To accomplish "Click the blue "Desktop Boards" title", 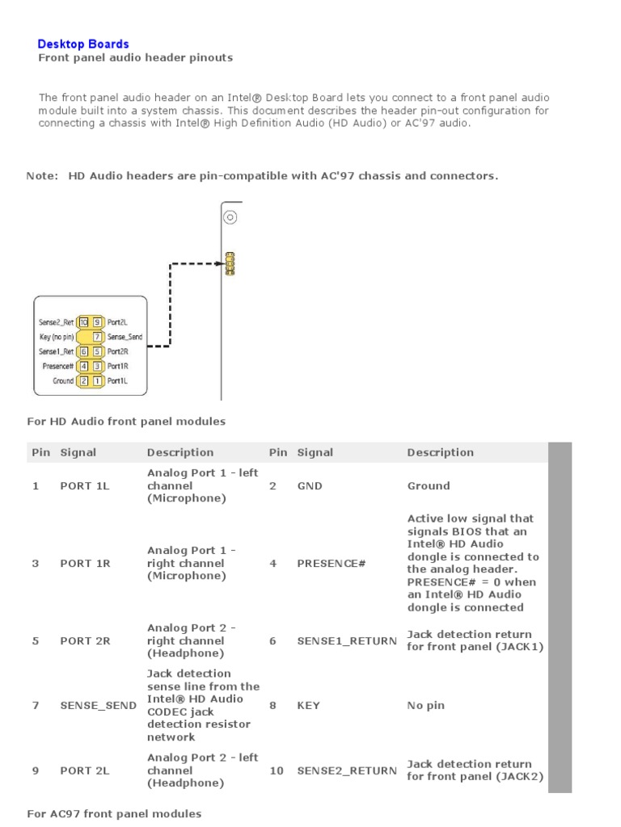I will (83, 44).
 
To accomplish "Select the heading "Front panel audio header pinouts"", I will (136, 57).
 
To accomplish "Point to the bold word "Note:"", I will (42, 175).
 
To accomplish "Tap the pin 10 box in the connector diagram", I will (84, 322).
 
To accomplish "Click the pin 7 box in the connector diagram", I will (97, 337).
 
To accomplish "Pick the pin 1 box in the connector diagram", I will (97, 380).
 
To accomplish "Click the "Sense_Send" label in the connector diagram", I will (125, 337).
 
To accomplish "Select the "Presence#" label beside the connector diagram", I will (57, 366).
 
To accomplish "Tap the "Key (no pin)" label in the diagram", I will (56, 337).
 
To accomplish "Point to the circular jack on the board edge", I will (230, 217).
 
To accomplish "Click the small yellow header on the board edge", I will (230, 263).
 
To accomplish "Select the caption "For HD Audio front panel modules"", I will (126, 421).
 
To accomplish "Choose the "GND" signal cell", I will (309, 485).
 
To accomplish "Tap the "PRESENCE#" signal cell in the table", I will (331, 563).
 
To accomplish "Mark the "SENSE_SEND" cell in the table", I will (98, 705).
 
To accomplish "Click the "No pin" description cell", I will (425, 705).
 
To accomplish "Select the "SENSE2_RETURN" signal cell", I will (346, 770).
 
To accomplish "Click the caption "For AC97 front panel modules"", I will (114, 813).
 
